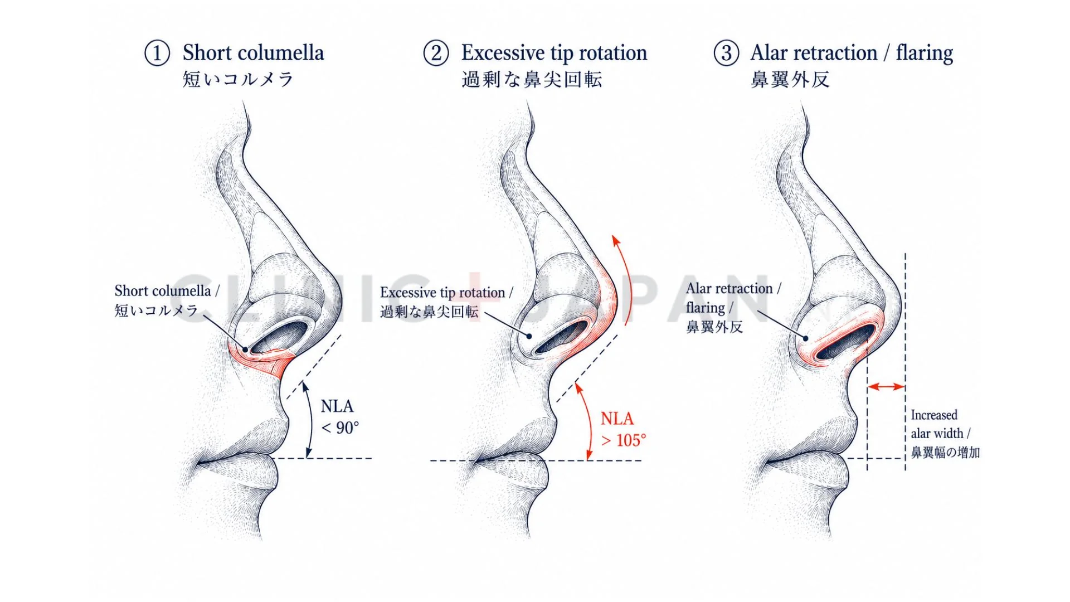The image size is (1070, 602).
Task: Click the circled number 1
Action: [x=157, y=54]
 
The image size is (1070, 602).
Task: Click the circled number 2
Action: [x=436, y=54]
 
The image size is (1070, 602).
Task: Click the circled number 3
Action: [x=727, y=54]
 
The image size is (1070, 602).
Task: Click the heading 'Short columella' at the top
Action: [x=254, y=53]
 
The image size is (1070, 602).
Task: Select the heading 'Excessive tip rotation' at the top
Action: [x=555, y=54]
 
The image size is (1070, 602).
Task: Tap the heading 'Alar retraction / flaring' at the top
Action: [x=852, y=54]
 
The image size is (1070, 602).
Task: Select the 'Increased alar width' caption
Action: [x=945, y=434]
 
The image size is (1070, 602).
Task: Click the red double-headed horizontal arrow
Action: [x=887, y=386]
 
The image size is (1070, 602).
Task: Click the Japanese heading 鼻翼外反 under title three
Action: [x=790, y=80]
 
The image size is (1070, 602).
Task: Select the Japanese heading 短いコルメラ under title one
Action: [x=238, y=79]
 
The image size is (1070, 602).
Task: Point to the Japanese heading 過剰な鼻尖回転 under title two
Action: [x=532, y=80]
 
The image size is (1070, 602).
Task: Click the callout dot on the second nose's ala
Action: [x=529, y=336]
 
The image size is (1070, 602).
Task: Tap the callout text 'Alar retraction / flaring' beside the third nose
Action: [x=733, y=307]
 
